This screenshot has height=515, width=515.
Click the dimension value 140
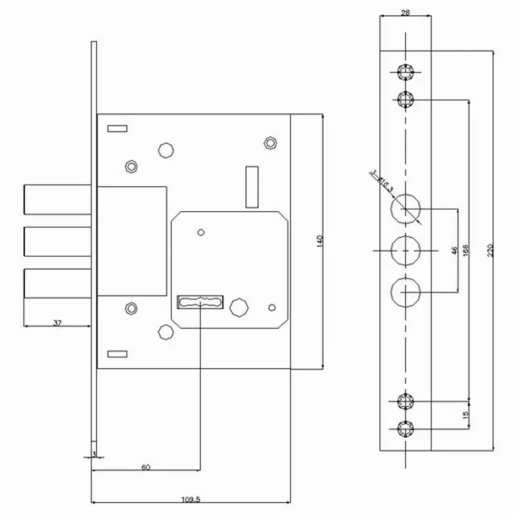[319, 240]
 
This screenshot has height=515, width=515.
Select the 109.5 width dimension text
[190, 498]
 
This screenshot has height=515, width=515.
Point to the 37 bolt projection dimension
[57, 323]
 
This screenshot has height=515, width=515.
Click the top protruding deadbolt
[55, 200]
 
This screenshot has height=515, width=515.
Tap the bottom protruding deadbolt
[55, 283]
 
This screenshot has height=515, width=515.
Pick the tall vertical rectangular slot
[252, 186]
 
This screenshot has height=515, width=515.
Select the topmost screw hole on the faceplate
[405, 72]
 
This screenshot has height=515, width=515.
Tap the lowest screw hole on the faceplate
[405, 429]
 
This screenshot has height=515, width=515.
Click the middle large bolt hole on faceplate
[405, 250]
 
